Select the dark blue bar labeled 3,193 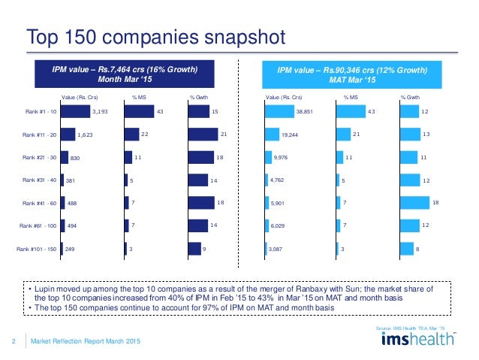pos(74,112)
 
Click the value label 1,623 pos(86,135)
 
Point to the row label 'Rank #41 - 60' pos(36,203)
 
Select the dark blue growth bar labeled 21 pos(203,135)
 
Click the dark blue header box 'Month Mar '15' pos(125,75)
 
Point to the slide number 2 pos(15,343)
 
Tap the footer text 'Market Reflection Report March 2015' pos(84,343)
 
